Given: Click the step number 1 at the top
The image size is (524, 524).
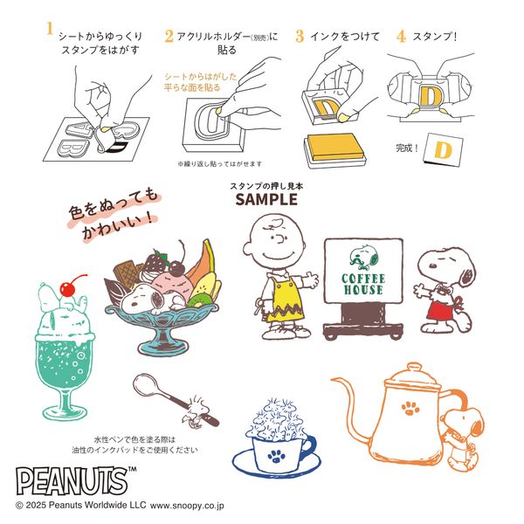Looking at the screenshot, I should (49, 27).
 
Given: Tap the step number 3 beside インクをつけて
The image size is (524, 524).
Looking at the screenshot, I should (300, 36).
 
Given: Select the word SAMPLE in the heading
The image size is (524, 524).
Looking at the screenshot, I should (266, 200).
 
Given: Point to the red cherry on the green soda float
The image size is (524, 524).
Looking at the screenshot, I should (69, 286).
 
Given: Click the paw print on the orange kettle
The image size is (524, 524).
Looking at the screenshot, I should (409, 408).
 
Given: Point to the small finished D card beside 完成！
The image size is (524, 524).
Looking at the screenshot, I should (441, 149).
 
